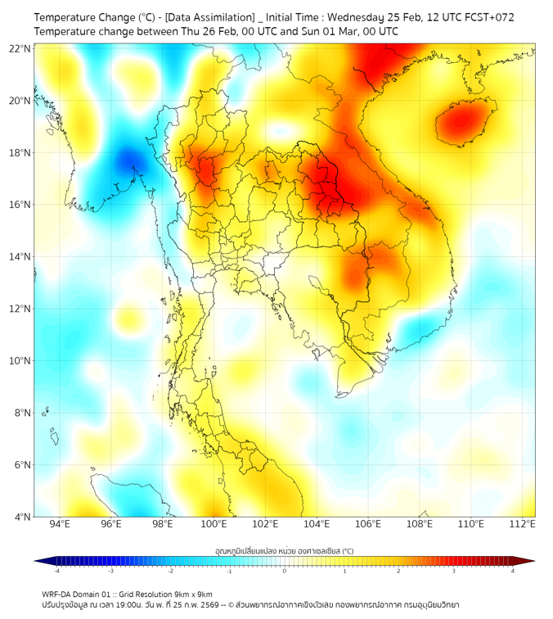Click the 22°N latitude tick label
20,48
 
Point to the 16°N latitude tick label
20,205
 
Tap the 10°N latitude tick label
20,361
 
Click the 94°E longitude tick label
60,524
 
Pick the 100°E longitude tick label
214,524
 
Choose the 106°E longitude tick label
368,524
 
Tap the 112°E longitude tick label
523,524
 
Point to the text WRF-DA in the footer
58,594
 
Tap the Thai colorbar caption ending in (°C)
284,550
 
